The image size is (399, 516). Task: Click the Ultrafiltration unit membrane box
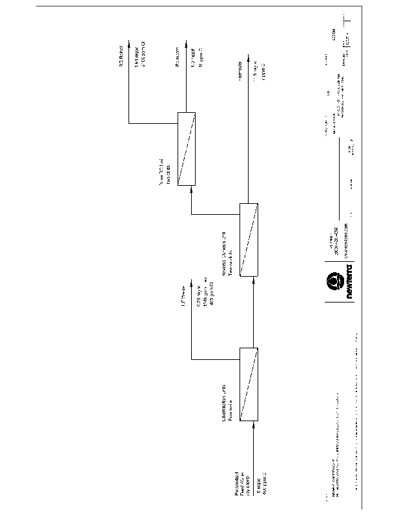point(249,384)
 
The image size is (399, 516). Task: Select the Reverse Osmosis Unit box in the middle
point(249,239)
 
